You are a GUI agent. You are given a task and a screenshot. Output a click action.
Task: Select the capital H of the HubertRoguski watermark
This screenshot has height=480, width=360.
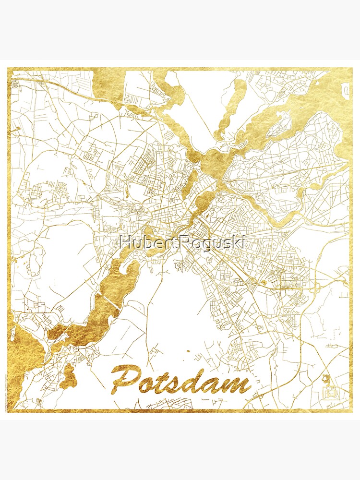click(x=126, y=242)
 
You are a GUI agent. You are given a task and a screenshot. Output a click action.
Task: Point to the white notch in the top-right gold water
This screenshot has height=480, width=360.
click(x=345, y=90)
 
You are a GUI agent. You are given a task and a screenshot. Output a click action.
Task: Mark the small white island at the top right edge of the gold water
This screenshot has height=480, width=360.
click(x=345, y=90)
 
